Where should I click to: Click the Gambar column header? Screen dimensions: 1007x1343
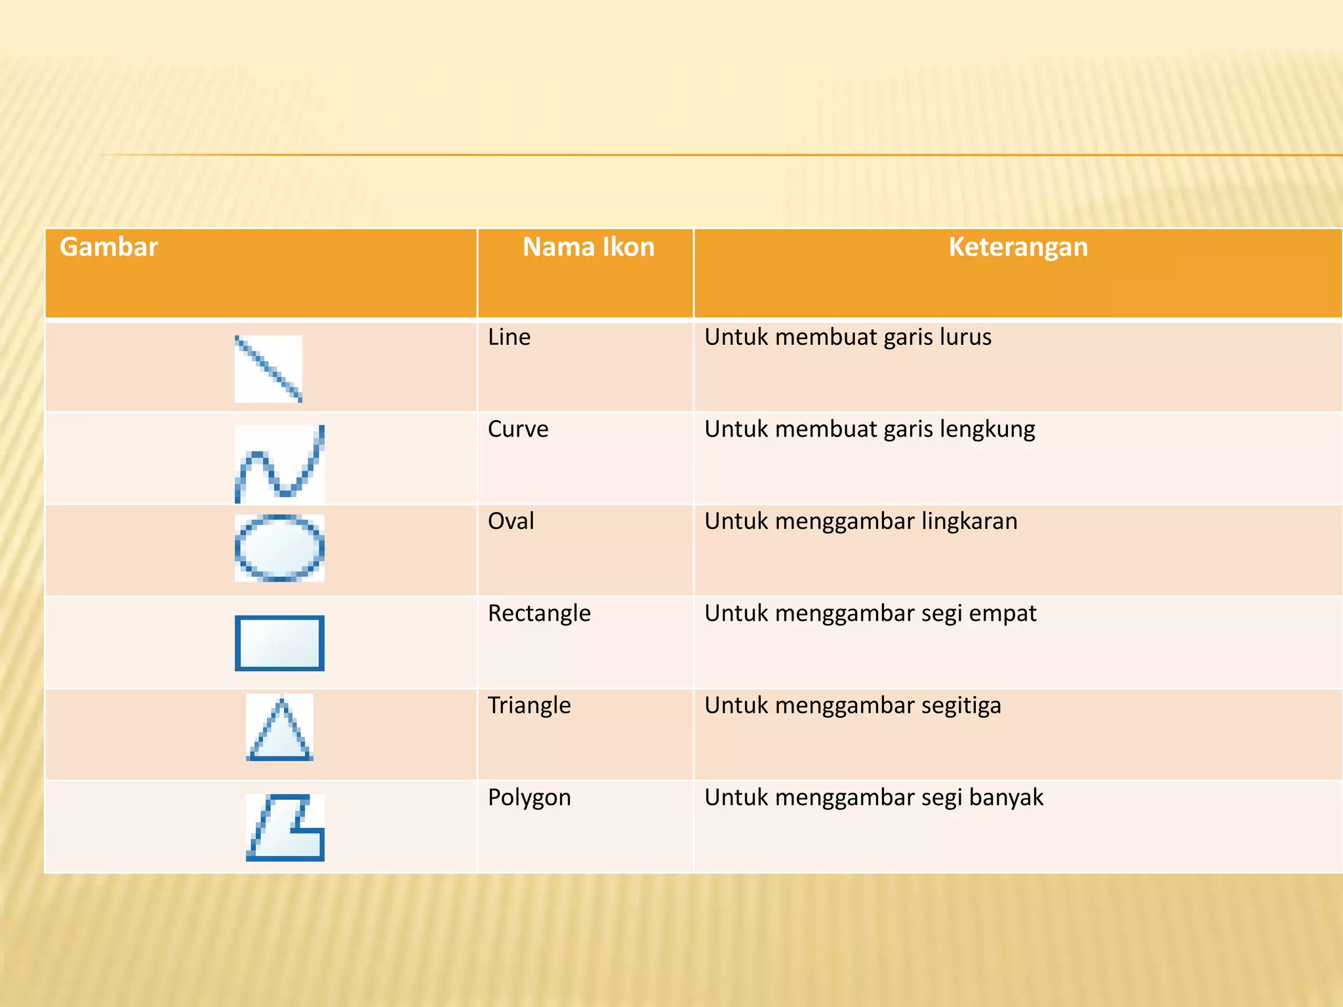point(109,248)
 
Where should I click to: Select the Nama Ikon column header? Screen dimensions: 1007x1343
point(588,248)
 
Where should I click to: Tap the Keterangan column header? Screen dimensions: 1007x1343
point(1018,248)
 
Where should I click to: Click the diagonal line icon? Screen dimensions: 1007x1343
point(268,368)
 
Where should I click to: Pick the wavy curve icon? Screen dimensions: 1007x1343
point(280,464)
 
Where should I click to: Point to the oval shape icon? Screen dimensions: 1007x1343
point(280,548)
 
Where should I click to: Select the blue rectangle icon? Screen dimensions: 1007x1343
point(280,643)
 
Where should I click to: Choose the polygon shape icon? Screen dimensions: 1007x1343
point(285,827)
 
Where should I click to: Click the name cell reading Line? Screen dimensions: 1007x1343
point(509,338)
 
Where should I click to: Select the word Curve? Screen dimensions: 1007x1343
point(518,429)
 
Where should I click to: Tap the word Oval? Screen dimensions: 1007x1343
point(511,521)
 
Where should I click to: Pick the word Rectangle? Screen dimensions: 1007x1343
point(539,614)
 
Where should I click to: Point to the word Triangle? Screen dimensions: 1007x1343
point(529,705)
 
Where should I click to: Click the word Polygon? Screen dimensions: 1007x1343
point(529,798)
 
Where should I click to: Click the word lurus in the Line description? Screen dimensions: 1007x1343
point(965,338)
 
